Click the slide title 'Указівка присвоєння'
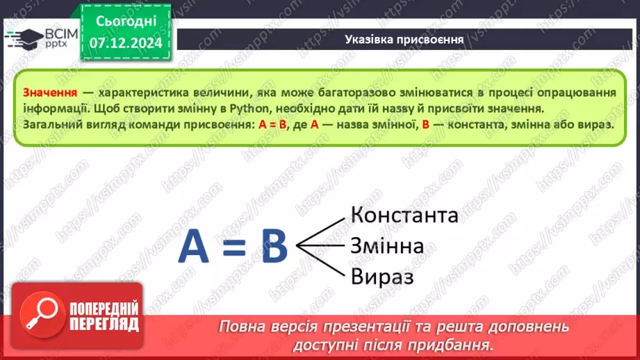click(404, 39)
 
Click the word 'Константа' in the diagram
click(404, 215)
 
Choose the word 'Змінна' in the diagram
click(388, 246)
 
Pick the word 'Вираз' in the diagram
click(382, 277)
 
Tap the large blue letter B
click(274, 247)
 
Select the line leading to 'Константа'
click(321, 231)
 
